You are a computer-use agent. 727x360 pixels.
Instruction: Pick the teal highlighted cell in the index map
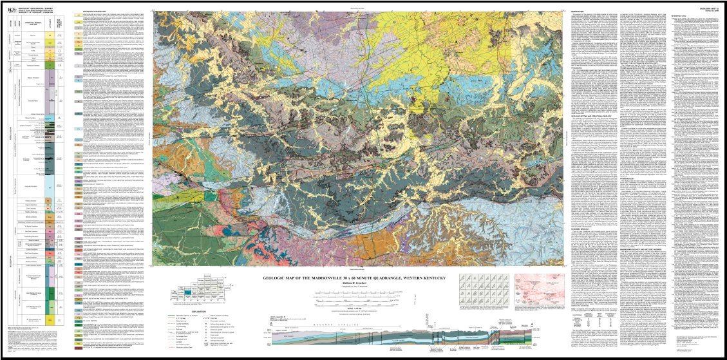(x=187, y=292)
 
